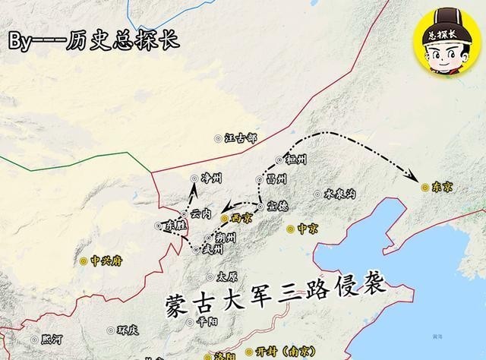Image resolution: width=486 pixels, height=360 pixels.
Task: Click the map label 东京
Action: click(441, 187)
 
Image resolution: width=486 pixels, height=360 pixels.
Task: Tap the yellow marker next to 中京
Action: click(290, 228)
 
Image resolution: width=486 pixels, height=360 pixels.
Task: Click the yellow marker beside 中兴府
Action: click(84, 261)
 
